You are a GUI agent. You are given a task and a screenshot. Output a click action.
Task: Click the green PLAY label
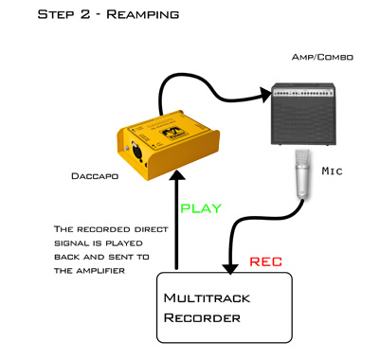tap(201, 208)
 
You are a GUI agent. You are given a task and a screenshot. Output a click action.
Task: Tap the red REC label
tap(265, 261)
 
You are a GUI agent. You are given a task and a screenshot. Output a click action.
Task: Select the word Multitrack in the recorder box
tap(207, 298)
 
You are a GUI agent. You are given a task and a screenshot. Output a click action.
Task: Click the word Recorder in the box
tap(202, 317)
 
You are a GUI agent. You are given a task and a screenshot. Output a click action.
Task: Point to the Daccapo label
tap(95, 176)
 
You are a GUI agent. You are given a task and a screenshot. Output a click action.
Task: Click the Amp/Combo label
tap(322, 57)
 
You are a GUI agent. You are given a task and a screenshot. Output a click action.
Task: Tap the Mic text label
tap(332, 171)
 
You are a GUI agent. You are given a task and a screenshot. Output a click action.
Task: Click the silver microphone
tap(302, 174)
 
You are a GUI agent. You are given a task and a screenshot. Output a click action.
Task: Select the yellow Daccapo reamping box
tap(168, 145)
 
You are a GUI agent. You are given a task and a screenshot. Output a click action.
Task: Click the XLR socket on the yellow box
tap(137, 153)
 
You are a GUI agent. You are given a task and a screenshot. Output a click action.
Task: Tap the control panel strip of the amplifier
tap(303, 92)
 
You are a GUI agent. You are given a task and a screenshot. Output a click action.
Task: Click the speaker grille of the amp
tap(303, 119)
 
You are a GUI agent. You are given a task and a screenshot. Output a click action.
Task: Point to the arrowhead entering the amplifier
tap(265, 95)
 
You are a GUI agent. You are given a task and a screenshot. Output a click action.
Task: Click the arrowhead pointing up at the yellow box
tap(177, 175)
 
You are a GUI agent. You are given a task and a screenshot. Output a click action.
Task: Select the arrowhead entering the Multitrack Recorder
tap(230, 269)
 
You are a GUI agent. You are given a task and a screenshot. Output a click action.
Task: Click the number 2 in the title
tap(85, 14)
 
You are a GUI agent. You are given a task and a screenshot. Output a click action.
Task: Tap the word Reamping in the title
tap(143, 14)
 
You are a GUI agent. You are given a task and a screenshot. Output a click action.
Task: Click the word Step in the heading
tap(56, 14)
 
